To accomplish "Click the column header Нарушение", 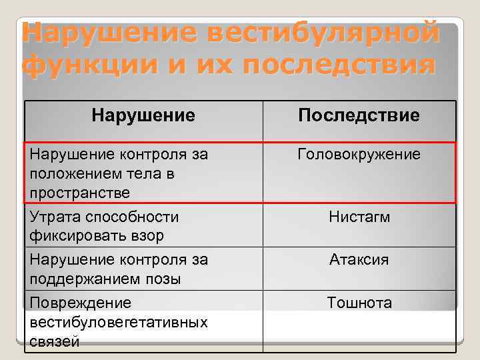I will (143, 116).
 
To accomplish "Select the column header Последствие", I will (359, 116).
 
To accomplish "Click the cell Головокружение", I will (359, 155).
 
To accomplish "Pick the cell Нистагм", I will (359, 217).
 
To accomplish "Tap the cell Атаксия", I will (359, 260).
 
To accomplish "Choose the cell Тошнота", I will (359, 303).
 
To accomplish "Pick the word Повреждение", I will (81, 303).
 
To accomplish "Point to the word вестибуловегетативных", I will (119, 323).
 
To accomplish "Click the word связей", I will (55, 342).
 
